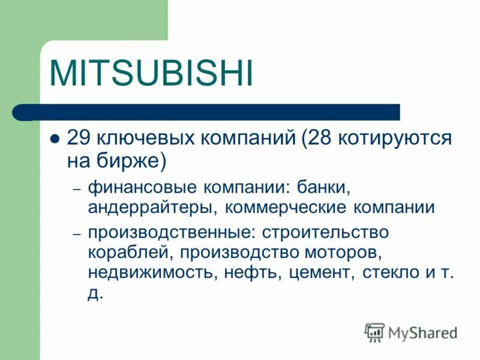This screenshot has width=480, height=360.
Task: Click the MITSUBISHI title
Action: (x=151, y=73)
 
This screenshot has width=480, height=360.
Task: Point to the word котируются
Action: (x=396, y=139)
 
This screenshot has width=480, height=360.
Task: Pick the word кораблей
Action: (x=123, y=253)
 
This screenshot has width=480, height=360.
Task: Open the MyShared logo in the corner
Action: (x=411, y=332)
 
